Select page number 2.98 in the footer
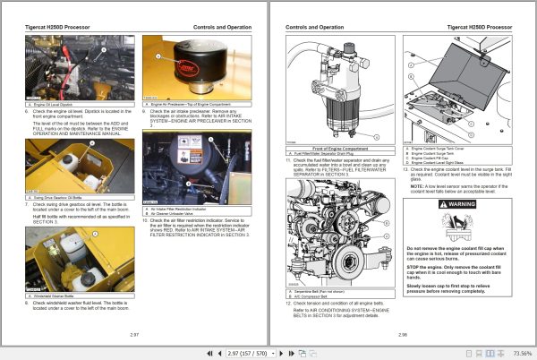coord(403,333)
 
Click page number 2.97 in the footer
coord(134,333)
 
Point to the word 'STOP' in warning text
coord(414,266)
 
